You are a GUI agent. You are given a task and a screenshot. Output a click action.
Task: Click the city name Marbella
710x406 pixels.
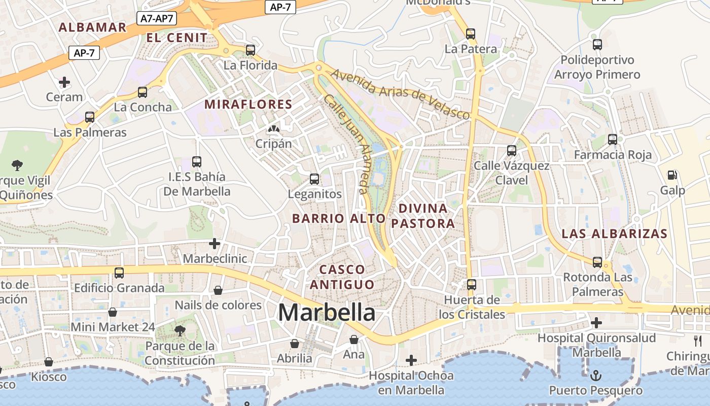[327, 312]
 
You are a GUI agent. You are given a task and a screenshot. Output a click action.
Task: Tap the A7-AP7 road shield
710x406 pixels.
[157, 19]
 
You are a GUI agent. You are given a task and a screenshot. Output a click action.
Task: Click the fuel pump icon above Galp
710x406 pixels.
[672, 175]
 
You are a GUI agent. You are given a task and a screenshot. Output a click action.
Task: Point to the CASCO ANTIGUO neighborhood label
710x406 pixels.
[342, 277]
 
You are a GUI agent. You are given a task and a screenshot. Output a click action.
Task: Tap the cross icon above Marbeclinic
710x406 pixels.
[215, 244]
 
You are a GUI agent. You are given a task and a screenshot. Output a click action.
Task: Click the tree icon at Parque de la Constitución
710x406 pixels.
[180, 331]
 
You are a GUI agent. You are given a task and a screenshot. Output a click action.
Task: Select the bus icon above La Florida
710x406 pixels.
[251, 50]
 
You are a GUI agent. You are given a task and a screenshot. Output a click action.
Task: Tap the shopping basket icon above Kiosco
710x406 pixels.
[49, 362]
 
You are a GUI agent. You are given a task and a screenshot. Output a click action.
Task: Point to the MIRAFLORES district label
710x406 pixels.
[248, 105]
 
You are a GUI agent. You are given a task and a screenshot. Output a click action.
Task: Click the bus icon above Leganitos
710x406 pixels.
[314, 179]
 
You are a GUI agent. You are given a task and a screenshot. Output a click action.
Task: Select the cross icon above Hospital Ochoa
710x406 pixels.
[411, 360]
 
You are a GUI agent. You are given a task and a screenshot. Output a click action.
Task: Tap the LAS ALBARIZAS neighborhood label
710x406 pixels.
[615, 233]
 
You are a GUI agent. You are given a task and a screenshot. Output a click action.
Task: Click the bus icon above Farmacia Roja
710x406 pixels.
[613, 140]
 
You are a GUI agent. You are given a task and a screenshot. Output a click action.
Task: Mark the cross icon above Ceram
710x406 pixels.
[64, 82]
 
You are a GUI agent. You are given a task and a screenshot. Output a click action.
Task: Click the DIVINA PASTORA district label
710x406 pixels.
[423, 216]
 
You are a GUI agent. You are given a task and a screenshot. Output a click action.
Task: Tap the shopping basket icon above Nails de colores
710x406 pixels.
[218, 290]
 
